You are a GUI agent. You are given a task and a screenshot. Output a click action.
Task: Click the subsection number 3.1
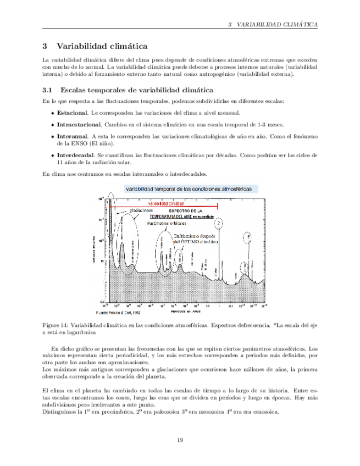[x=47, y=90]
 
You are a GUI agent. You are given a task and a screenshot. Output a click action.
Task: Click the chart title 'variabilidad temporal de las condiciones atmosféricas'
[x=190, y=188]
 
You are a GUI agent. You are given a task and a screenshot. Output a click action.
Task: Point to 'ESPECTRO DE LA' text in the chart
[x=185, y=210]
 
